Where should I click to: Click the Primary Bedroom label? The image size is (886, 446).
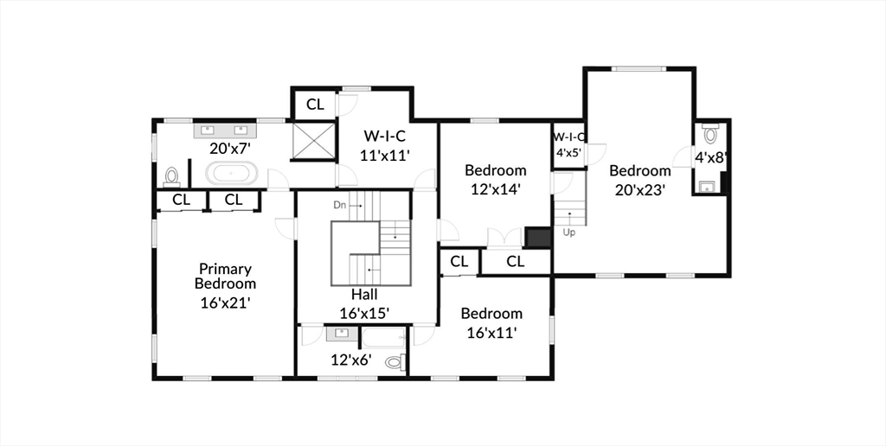coord(225,276)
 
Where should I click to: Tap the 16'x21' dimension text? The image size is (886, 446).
coord(225,303)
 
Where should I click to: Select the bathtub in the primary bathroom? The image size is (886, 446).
coord(231,173)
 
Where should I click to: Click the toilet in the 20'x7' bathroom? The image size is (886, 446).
coord(171,177)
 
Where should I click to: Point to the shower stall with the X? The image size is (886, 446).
coord(312,141)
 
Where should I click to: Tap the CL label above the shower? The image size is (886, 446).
coord(315,105)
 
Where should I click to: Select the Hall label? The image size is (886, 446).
coord(363,294)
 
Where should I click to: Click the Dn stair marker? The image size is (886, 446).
coord(341,205)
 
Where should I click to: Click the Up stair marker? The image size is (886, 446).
coord(568,233)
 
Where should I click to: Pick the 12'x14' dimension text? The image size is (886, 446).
coord(495,187)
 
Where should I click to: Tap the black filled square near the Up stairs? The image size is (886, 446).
coord(537,238)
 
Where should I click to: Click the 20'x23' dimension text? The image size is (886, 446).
coord(639,188)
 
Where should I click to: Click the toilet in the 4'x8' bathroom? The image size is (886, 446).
coord(710,134)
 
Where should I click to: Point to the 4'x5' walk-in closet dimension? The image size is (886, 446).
coord(568,152)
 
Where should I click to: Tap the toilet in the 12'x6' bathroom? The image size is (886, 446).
coord(395,362)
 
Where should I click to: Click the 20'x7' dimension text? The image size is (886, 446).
coord(231,148)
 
